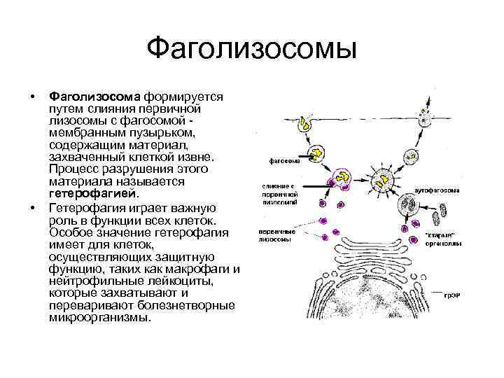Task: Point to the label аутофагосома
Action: (x=437, y=190)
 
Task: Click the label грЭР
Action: (x=451, y=295)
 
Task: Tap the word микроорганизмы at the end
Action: (x=99, y=317)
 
